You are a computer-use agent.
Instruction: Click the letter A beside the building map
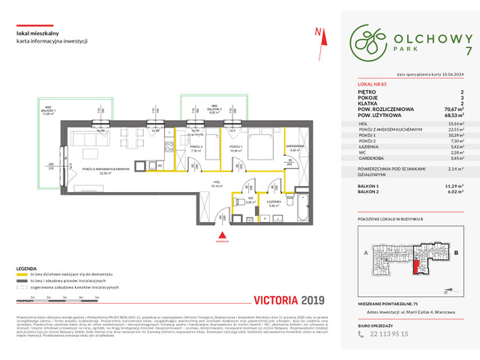point(364,253)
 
